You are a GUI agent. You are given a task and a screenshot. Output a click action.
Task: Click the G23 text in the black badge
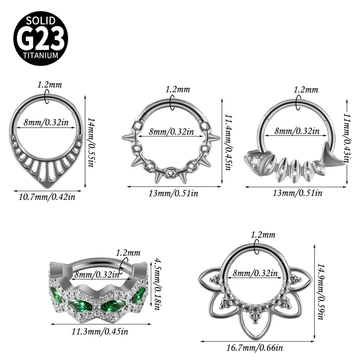41,38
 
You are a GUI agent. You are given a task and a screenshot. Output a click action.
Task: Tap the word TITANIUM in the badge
41,55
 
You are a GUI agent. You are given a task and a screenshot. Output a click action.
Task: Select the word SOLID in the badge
41,21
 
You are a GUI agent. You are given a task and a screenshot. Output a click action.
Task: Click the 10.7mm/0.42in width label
47,197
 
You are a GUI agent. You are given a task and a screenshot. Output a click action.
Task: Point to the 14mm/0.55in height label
91,142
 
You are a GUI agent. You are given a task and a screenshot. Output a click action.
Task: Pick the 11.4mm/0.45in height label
228,142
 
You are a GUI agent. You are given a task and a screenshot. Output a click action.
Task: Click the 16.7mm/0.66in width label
255,347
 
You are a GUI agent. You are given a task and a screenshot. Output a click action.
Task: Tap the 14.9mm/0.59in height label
320,291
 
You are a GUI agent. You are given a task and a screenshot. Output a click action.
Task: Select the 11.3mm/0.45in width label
100,331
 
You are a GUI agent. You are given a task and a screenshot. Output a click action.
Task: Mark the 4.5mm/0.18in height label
157,284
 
